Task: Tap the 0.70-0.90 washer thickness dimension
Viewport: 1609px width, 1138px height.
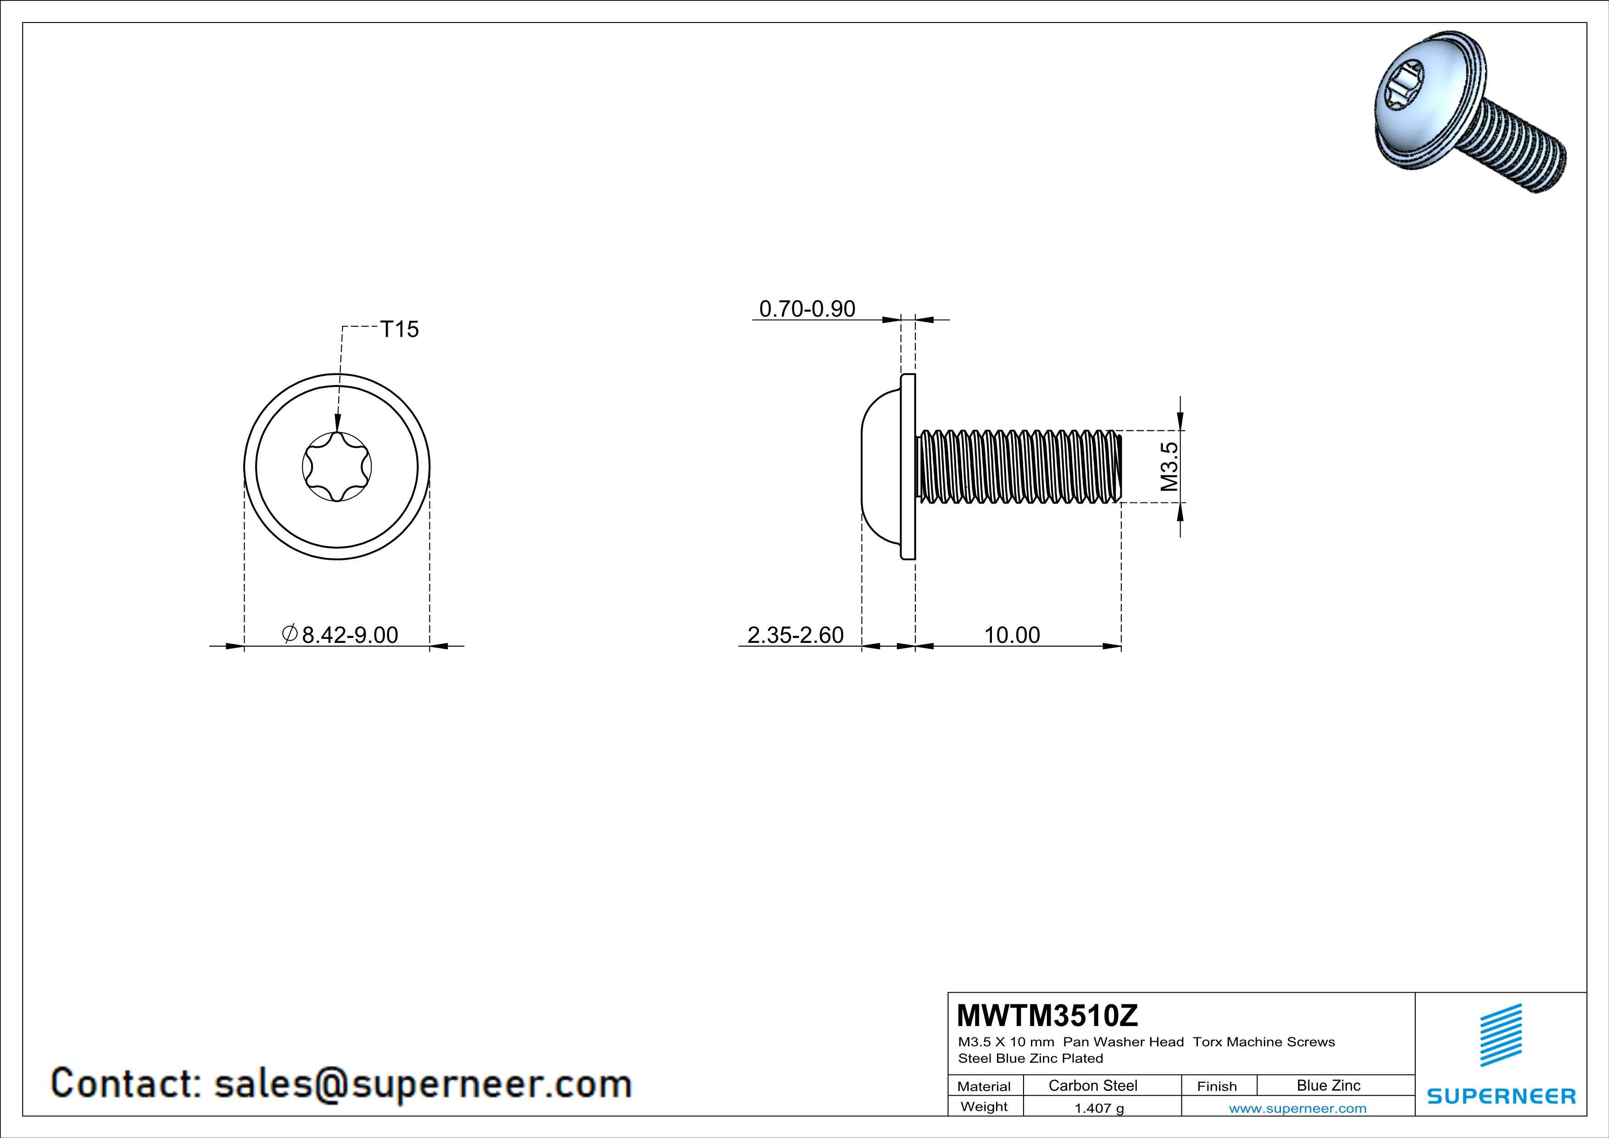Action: click(x=807, y=309)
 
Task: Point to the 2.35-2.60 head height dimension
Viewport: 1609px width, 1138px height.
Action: click(x=796, y=635)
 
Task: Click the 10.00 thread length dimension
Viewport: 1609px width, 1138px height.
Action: click(x=1012, y=635)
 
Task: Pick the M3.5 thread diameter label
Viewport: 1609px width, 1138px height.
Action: click(x=1169, y=466)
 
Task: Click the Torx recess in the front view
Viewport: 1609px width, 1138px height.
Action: click(x=337, y=466)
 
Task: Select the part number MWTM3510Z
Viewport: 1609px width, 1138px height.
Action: click(x=1047, y=1015)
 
